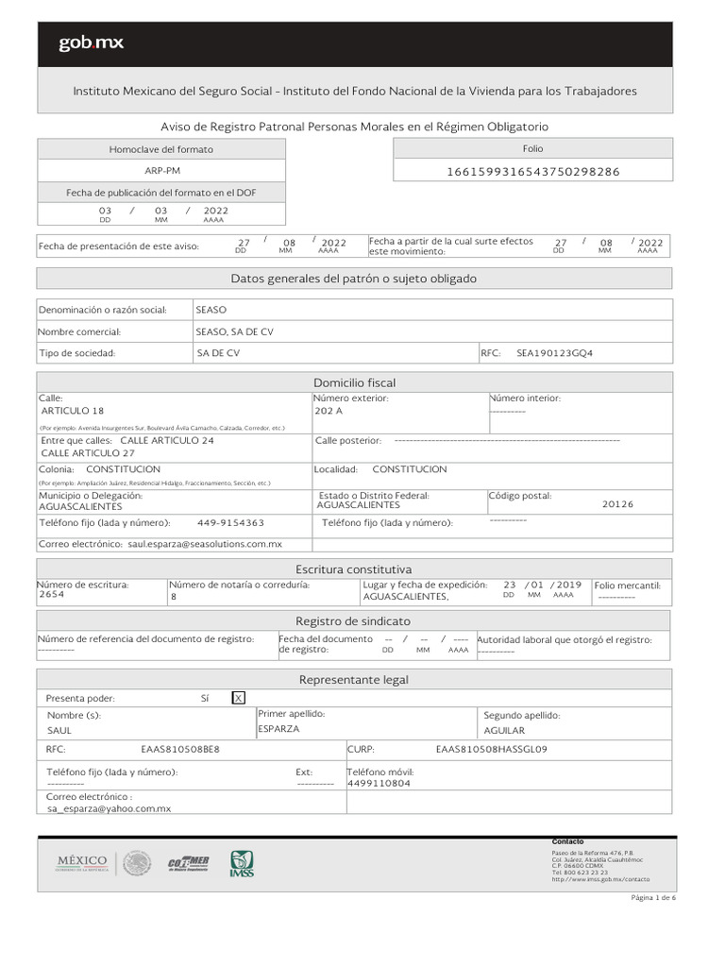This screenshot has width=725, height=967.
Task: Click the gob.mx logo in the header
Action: pyautogui.click(x=91, y=43)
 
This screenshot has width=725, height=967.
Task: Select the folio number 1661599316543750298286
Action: pyautogui.click(x=532, y=171)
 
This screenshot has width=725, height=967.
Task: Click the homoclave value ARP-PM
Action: pyautogui.click(x=161, y=171)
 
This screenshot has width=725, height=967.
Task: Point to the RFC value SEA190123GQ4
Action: pyautogui.click(x=554, y=353)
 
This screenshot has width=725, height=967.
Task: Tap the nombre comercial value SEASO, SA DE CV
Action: pyautogui.click(x=234, y=331)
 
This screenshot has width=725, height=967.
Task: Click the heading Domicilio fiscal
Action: pyautogui.click(x=354, y=382)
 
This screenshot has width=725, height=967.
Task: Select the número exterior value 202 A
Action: pyautogui.click(x=329, y=411)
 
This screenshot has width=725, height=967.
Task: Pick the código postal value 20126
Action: pyautogui.click(x=617, y=504)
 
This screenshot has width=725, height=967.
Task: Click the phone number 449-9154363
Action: pyautogui.click(x=230, y=522)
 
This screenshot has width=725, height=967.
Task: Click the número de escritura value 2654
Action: pyautogui.click(x=52, y=596)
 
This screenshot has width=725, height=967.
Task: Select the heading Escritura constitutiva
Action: pyautogui.click(x=354, y=569)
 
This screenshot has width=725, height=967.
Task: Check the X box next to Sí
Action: pyautogui.click(x=239, y=698)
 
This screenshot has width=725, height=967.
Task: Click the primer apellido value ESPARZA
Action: pyautogui.click(x=278, y=729)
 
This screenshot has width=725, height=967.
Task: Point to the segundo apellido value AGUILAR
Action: pyautogui.click(x=504, y=730)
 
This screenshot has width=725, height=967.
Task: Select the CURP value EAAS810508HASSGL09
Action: pyautogui.click(x=491, y=750)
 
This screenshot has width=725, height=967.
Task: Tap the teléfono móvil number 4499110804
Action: pyautogui.click(x=379, y=783)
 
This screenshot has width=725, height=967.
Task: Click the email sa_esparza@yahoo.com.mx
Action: pyautogui.click(x=109, y=808)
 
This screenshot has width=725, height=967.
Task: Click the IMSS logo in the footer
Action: pyautogui.click(x=242, y=862)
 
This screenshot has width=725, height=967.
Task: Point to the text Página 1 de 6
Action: pyautogui.click(x=653, y=897)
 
